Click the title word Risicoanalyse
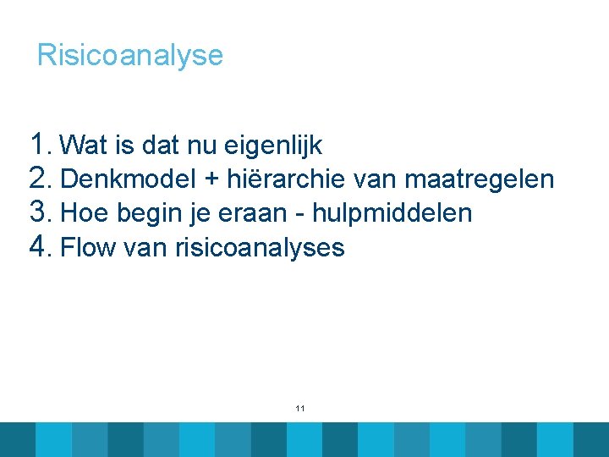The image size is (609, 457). (x=130, y=56)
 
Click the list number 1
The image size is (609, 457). (x=39, y=143)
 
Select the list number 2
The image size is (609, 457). (x=40, y=178)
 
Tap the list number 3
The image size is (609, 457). (x=40, y=212)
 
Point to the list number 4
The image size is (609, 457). (x=40, y=246)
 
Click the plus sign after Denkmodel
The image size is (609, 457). (x=211, y=180)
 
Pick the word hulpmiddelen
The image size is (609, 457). (x=392, y=213)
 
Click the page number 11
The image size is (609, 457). (x=300, y=409)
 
